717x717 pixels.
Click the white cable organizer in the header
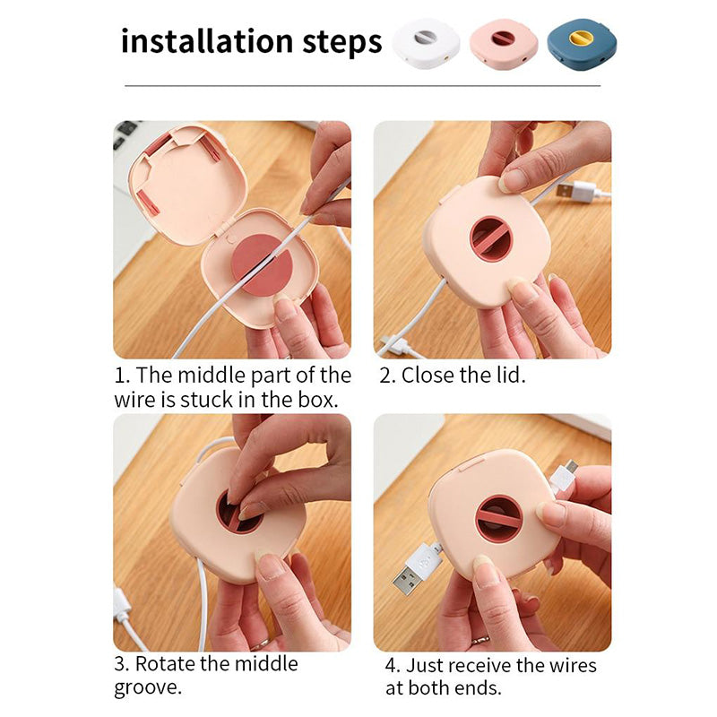[x=426, y=43]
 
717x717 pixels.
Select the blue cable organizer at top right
[x=582, y=43]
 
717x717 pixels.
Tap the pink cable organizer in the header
[x=504, y=43]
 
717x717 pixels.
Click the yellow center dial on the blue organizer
[x=580, y=37]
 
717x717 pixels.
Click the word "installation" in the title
[x=207, y=41]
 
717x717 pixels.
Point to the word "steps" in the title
[x=342, y=43]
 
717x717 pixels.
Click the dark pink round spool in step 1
[x=262, y=264]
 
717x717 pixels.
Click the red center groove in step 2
[x=489, y=238]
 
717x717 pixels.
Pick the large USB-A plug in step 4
[x=415, y=567]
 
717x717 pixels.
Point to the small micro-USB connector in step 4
[x=566, y=475]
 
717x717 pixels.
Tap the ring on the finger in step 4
[x=480, y=640]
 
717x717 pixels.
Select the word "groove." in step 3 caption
[x=148, y=687]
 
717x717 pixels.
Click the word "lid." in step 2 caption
[x=511, y=376]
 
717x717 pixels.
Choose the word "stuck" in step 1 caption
[x=207, y=400]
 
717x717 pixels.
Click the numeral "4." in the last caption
[x=393, y=666]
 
